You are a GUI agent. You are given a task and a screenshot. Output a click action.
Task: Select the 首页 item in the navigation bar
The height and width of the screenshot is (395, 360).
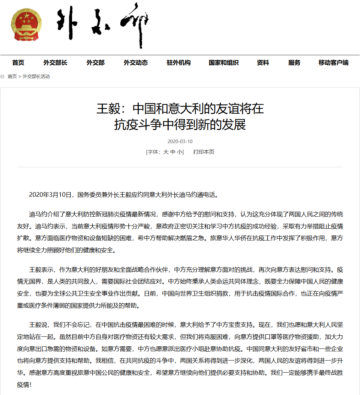coord(18,63)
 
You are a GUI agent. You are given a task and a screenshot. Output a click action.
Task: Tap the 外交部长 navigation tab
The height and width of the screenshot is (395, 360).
coord(55,63)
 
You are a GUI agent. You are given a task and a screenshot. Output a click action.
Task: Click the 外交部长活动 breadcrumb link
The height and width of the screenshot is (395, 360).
coord(36,76)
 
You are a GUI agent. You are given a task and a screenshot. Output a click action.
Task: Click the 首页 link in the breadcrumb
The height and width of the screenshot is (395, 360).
coord(12,76)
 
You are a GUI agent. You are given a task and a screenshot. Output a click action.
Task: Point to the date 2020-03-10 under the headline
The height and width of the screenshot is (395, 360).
coord(180,141)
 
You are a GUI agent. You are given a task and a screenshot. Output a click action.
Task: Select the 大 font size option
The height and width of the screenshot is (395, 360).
coord(165,152)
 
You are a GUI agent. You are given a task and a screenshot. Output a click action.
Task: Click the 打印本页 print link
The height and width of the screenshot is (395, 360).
coord(204,152)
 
